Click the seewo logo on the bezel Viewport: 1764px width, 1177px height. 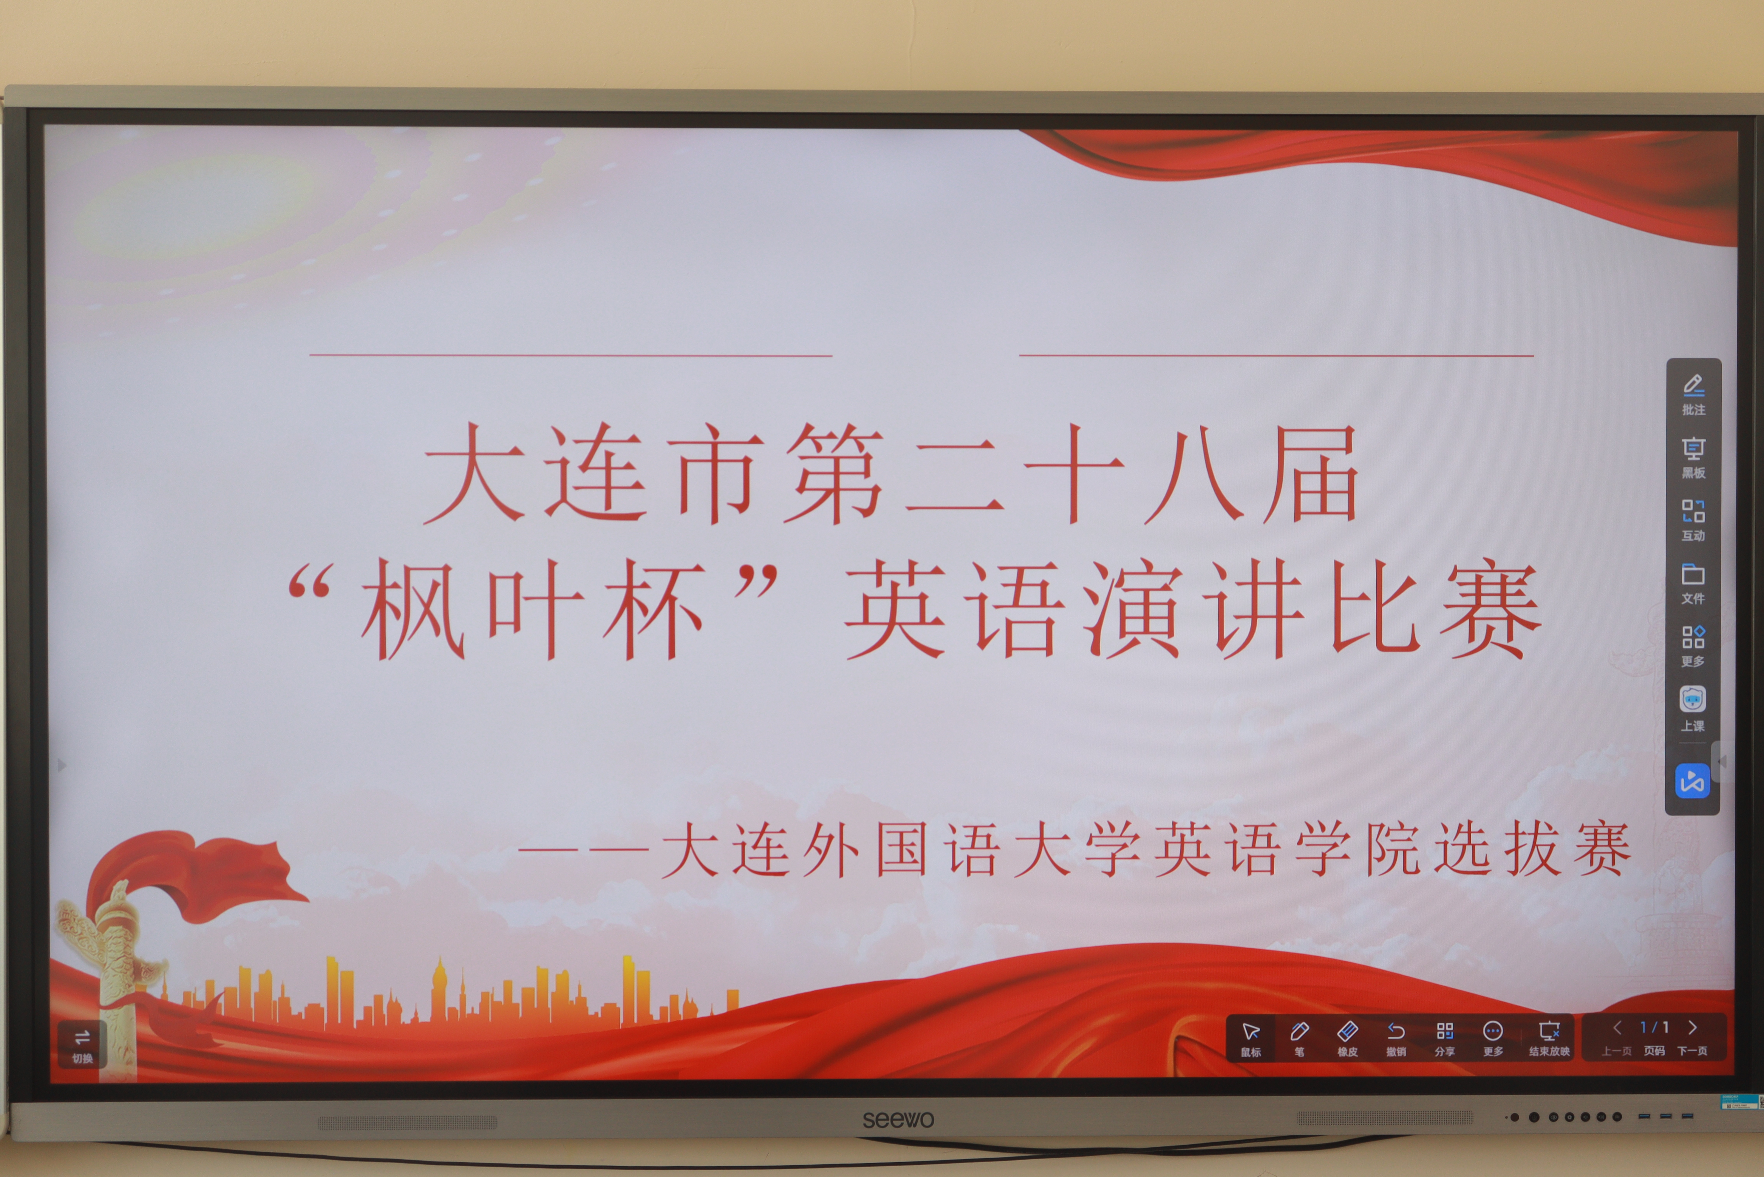click(x=898, y=1119)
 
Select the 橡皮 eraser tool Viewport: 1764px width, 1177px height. click(x=1348, y=1038)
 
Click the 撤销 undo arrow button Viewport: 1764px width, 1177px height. click(x=1396, y=1038)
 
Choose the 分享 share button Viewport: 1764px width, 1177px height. click(x=1444, y=1038)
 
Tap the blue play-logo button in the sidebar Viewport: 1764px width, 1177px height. click(x=1693, y=781)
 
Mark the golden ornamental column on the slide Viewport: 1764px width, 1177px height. click(x=112, y=968)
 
